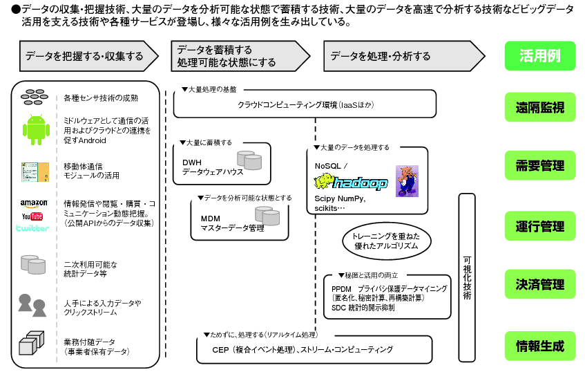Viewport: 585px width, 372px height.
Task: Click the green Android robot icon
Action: [x=35, y=129]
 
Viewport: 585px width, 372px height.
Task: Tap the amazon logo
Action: [x=33, y=203]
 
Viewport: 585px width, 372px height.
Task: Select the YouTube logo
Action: [x=33, y=216]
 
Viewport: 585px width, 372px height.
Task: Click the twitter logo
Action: [x=33, y=227]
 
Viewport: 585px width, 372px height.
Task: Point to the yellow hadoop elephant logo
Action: [x=351, y=183]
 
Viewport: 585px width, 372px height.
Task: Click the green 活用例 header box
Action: [x=539, y=56]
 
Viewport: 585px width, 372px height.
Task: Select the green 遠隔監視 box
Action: [x=539, y=107]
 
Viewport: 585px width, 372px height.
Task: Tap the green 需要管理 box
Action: [x=539, y=166]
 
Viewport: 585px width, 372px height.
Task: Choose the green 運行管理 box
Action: [x=539, y=226]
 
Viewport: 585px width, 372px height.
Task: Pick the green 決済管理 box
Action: [x=539, y=283]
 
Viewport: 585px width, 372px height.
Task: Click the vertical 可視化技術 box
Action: [x=468, y=277]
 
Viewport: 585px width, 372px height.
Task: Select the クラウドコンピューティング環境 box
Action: [x=305, y=105]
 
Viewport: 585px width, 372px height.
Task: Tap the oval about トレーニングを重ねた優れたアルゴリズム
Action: [x=390, y=241]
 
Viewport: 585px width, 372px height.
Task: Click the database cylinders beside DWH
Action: [x=249, y=160]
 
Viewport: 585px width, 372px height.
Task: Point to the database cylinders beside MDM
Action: [x=267, y=216]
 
